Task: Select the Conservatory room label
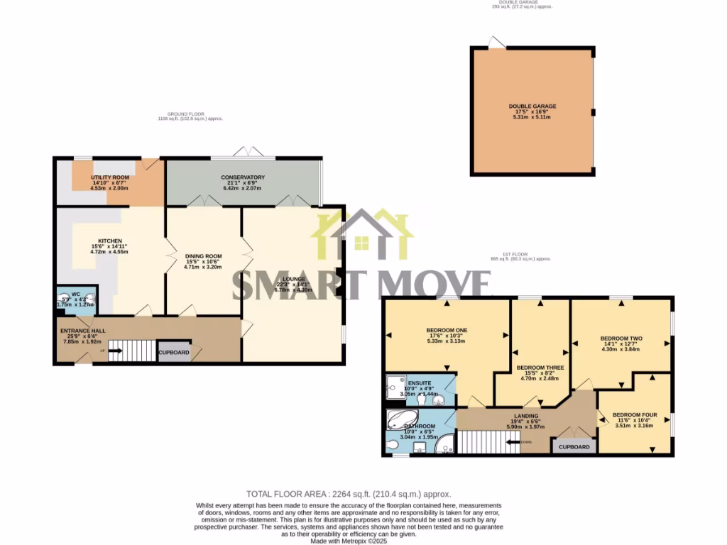243,177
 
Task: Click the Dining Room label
204,256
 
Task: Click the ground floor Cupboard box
174,353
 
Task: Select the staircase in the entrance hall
131,351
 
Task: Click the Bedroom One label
447,330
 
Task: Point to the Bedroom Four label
633,414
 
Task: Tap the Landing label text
525,416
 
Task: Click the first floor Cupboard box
574,447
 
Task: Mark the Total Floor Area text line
349,494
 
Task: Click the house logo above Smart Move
365,234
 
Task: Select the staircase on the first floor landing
483,442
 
